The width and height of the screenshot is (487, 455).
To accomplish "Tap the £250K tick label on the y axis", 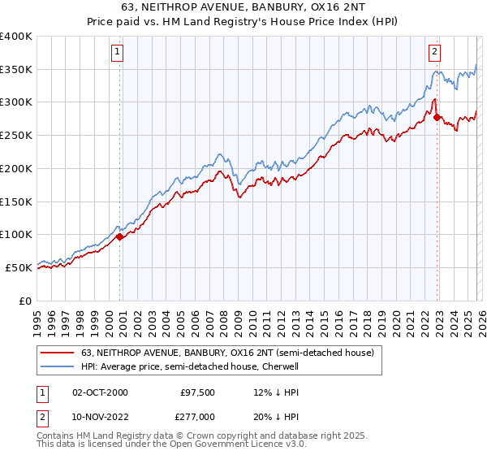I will [16, 136].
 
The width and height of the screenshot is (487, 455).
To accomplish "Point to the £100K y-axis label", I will [16, 235].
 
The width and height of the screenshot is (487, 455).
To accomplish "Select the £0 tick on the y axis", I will [26, 301].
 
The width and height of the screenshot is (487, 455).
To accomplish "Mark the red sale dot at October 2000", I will [120, 236].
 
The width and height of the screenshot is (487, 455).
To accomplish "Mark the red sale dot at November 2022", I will [437, 118].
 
